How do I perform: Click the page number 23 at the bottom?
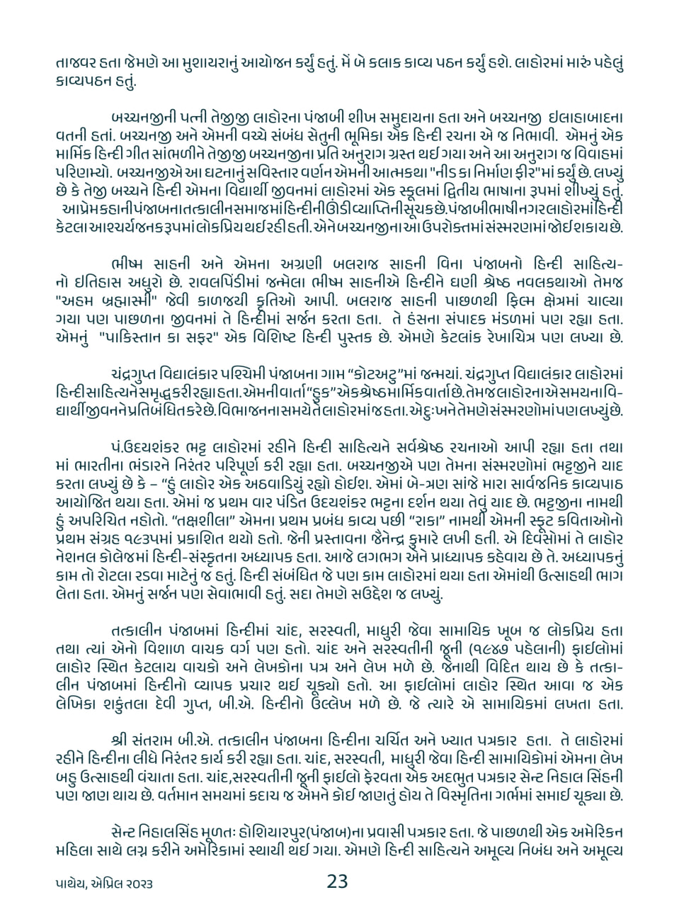point(337,882)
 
